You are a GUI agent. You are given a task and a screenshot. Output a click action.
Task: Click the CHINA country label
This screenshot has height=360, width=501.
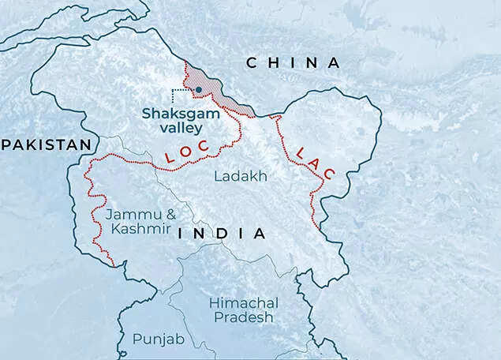tap(293, 62)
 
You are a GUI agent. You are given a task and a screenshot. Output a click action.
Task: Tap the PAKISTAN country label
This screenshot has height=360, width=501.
tap(46, 144)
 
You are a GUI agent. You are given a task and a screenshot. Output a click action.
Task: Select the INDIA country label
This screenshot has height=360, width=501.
tap(222, 234)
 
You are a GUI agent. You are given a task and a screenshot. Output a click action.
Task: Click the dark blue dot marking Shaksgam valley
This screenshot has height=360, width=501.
tap(198, 90)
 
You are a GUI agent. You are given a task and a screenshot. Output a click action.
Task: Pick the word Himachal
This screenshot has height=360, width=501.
tap(244, 303)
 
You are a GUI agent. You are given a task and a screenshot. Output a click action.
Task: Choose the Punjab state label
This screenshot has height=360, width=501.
tap(157, 339)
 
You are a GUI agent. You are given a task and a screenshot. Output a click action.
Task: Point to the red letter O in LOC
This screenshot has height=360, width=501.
tap(189, 152)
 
